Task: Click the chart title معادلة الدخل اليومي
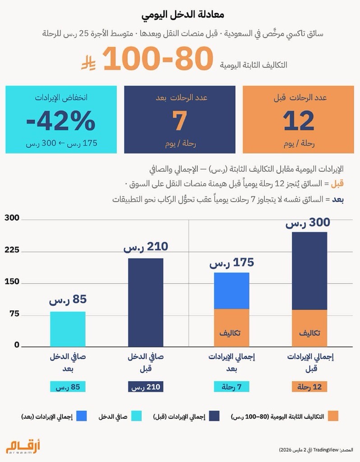tap(180, 14)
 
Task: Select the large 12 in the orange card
tap(299, 120)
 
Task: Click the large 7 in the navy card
tap(180, 120)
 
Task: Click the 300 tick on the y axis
tap(12, 218)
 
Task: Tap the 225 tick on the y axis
tap(12, 250)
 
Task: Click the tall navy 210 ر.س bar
tap(145, 302)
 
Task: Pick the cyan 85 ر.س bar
tap(68, 329)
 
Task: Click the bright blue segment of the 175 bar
tap(231, 291)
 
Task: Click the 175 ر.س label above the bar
tap(231, 263)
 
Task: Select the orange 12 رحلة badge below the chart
tap(309, 387)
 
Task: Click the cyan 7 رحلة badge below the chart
tap(231, 387)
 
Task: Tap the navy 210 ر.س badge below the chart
tap(145, 387)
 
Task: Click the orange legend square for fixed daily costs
tap(333, 416)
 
